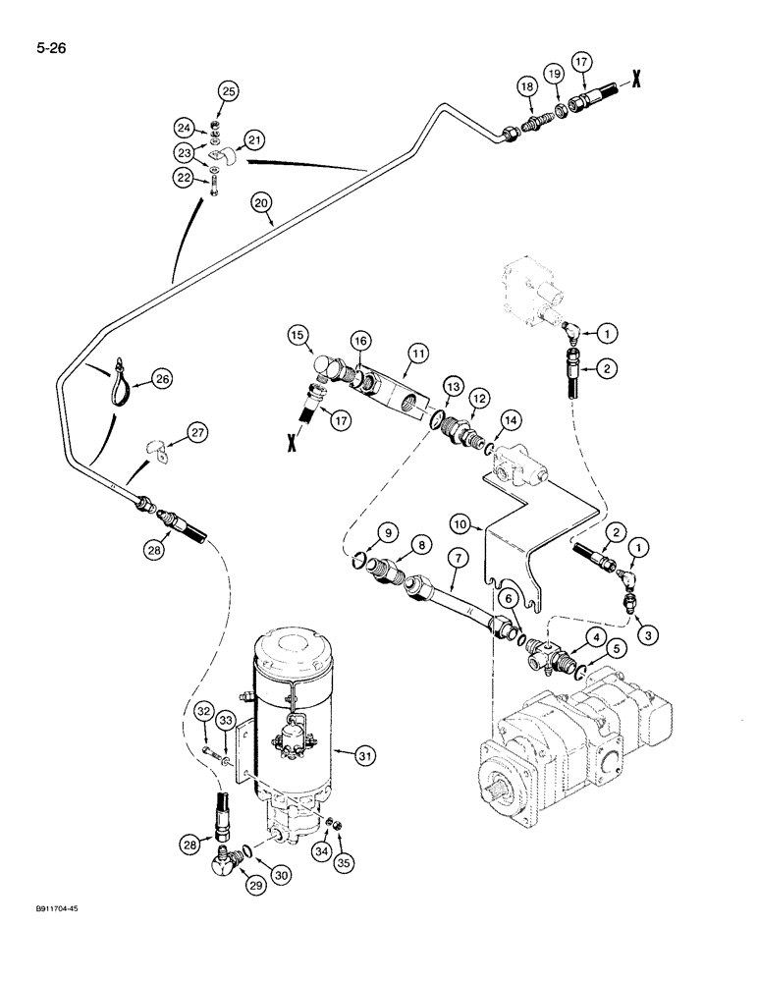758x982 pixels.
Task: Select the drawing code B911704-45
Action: tap(48, 910)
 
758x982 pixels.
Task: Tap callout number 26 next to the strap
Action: tap(162, 379)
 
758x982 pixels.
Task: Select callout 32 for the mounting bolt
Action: tap(203, 712)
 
